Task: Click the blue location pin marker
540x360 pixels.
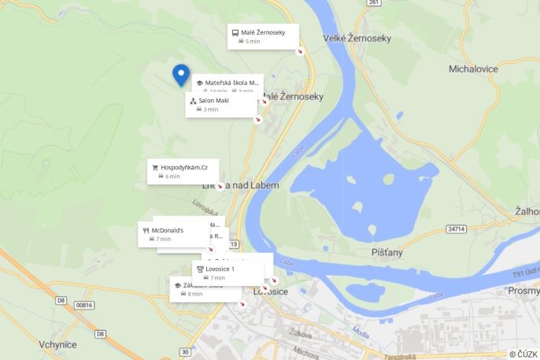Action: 181,74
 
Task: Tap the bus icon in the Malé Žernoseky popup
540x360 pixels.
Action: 235,32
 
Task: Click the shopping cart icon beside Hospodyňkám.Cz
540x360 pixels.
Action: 155,167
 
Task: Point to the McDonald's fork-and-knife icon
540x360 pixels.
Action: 146,229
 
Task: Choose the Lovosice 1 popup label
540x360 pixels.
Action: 220,269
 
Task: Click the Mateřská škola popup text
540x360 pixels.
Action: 231,82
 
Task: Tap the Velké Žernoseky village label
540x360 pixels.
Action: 357,38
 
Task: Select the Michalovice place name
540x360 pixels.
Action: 473,69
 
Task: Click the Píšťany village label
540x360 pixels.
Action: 387,252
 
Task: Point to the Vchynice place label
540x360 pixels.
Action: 57,345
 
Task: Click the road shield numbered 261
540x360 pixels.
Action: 373,3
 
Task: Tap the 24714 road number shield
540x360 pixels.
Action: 456,229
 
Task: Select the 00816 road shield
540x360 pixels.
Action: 83,304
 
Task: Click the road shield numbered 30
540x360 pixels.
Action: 185,351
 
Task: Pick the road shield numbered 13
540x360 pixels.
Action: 233,244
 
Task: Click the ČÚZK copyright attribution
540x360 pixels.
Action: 523,354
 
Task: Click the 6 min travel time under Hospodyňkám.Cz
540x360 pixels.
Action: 172,176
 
